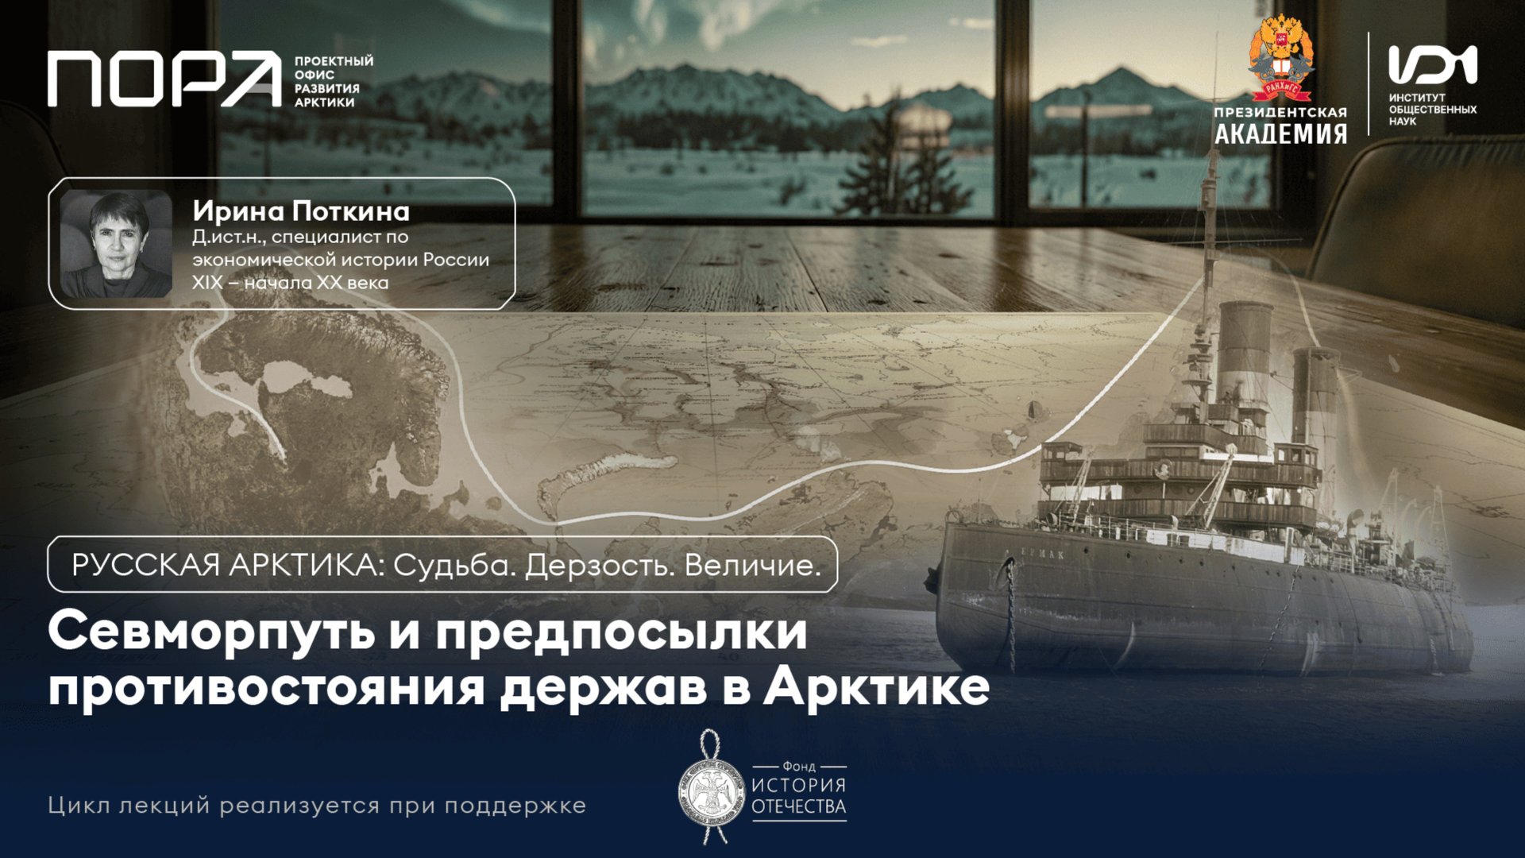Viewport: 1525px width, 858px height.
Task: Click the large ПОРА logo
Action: pos(164,79)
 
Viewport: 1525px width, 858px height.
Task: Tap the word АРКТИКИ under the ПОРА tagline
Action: pos(325,102)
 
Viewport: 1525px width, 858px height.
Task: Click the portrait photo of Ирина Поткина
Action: pos(116,243)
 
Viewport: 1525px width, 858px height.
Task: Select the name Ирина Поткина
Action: pos(301,211)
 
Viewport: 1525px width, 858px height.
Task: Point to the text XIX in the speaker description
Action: pos(207,283)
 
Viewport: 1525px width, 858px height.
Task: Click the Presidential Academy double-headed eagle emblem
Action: pos(1280,60)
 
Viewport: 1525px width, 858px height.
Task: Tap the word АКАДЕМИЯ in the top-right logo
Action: pos(1280,133)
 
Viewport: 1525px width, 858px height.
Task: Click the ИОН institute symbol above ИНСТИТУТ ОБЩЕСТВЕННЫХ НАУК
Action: pos(1432,64)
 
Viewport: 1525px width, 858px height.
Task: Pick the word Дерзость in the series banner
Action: pos(595,565)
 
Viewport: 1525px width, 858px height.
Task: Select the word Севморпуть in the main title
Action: pos(211,632)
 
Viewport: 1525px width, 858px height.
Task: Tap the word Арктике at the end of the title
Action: pos(876,687)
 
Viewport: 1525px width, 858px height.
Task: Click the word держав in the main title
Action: pos(603,687)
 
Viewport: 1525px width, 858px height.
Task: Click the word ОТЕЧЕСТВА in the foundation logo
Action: pos(798,807)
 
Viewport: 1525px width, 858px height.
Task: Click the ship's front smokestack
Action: pos(1245,350)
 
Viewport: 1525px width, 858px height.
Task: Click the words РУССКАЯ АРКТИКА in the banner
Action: pos(222,565)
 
